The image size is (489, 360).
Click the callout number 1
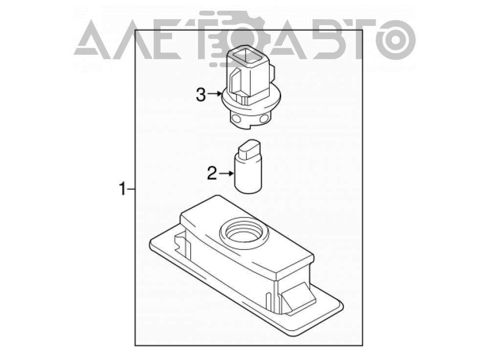123,189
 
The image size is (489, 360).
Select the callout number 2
212,173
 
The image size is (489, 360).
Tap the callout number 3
201,94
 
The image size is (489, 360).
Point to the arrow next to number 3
215,93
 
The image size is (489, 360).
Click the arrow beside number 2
226,173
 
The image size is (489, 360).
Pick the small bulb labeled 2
248,166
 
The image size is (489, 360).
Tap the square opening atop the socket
246,56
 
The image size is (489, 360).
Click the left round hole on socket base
236,119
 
